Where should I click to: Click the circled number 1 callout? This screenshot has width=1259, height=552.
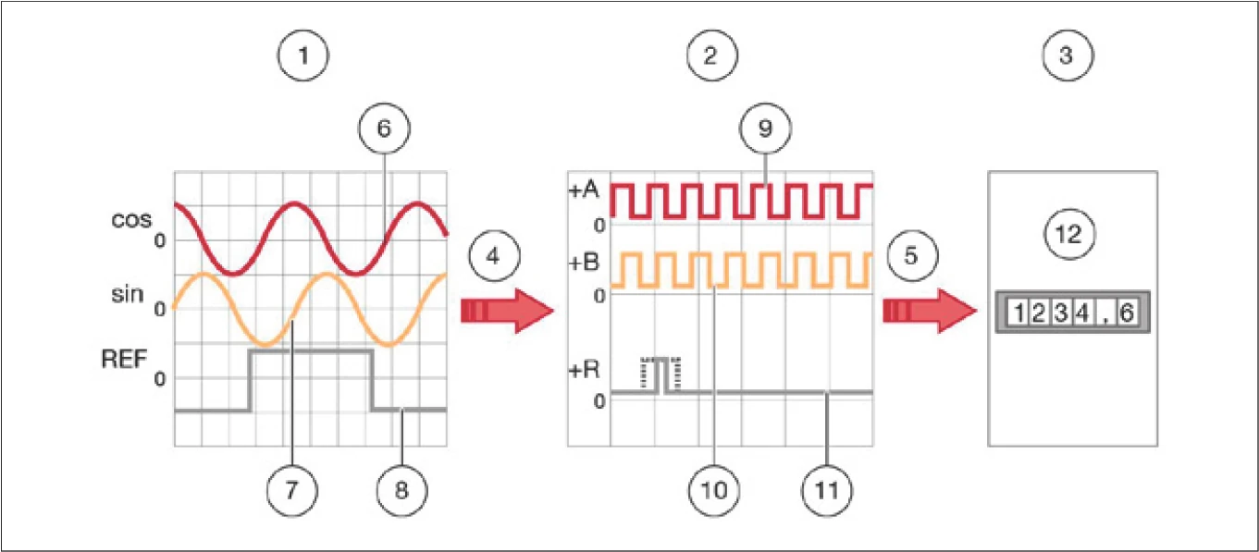point(304,56)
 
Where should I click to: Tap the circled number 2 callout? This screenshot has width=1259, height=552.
point(711,56)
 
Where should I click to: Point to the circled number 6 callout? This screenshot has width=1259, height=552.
point(384,129)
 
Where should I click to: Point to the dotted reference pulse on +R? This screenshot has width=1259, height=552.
point(660,373)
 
